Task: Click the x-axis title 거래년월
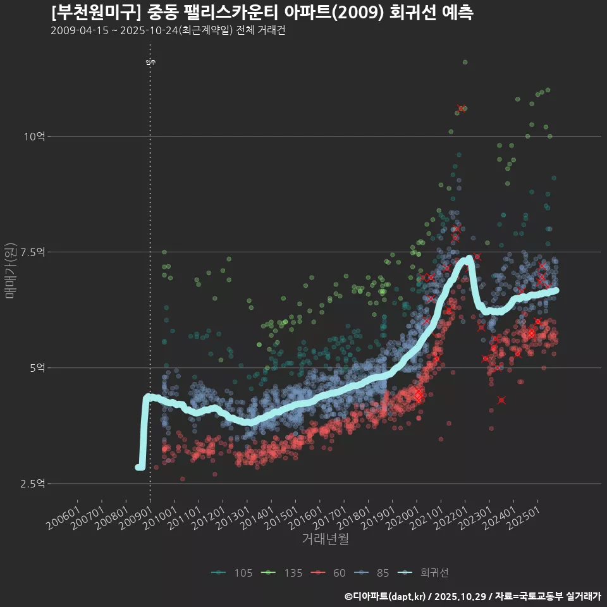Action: point(326,539)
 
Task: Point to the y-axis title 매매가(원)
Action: point(10,270)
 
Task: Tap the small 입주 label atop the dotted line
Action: point(150,62)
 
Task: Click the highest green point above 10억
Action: point(465,62)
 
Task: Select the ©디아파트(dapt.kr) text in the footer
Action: point(386,596)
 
